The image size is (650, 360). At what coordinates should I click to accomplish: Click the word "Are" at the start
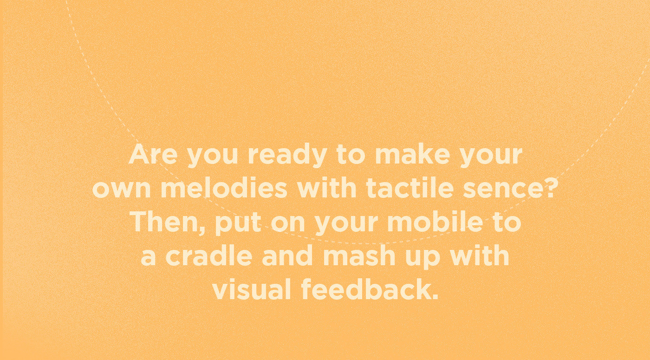point(153,155)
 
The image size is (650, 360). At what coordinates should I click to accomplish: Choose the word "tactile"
point(405,189)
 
